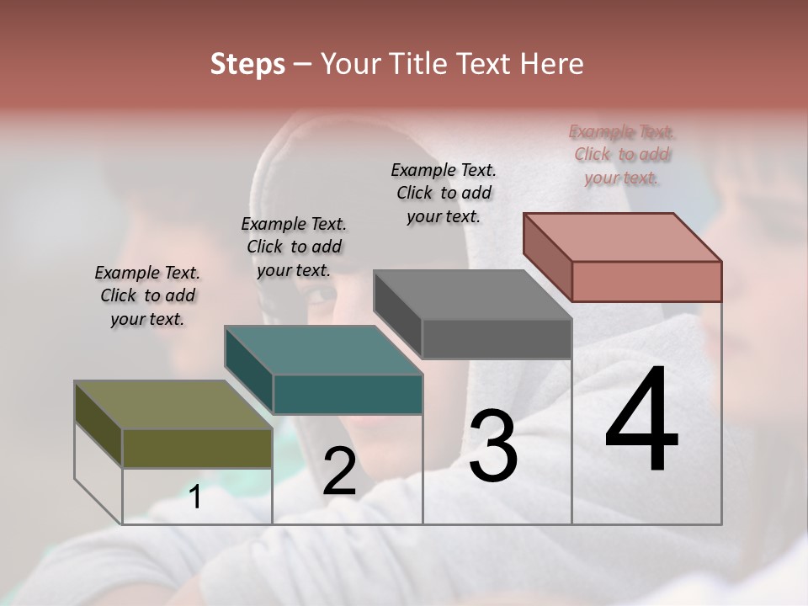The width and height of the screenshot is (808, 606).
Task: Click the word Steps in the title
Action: [x=247, y=64]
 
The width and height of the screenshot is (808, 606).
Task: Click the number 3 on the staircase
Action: [x=493, y=446]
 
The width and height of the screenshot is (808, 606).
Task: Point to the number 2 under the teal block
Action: [x=339, y=471]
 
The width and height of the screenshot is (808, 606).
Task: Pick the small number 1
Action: [x=195, y=497]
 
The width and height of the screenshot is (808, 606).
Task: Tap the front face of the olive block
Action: [x=197, y=448]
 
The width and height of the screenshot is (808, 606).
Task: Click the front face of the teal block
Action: [x=348, y=394]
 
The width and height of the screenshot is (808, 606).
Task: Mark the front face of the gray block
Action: [x=497, y=338]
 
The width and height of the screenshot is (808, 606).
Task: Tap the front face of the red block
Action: [x=646, y=281]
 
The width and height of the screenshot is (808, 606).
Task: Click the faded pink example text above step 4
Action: [x=622, y=154]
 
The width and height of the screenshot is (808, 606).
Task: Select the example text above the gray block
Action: [x=444, y=193]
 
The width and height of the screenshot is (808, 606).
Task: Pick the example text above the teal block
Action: [x=294, y=247]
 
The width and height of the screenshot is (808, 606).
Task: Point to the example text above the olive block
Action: [x=147, y=295]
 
